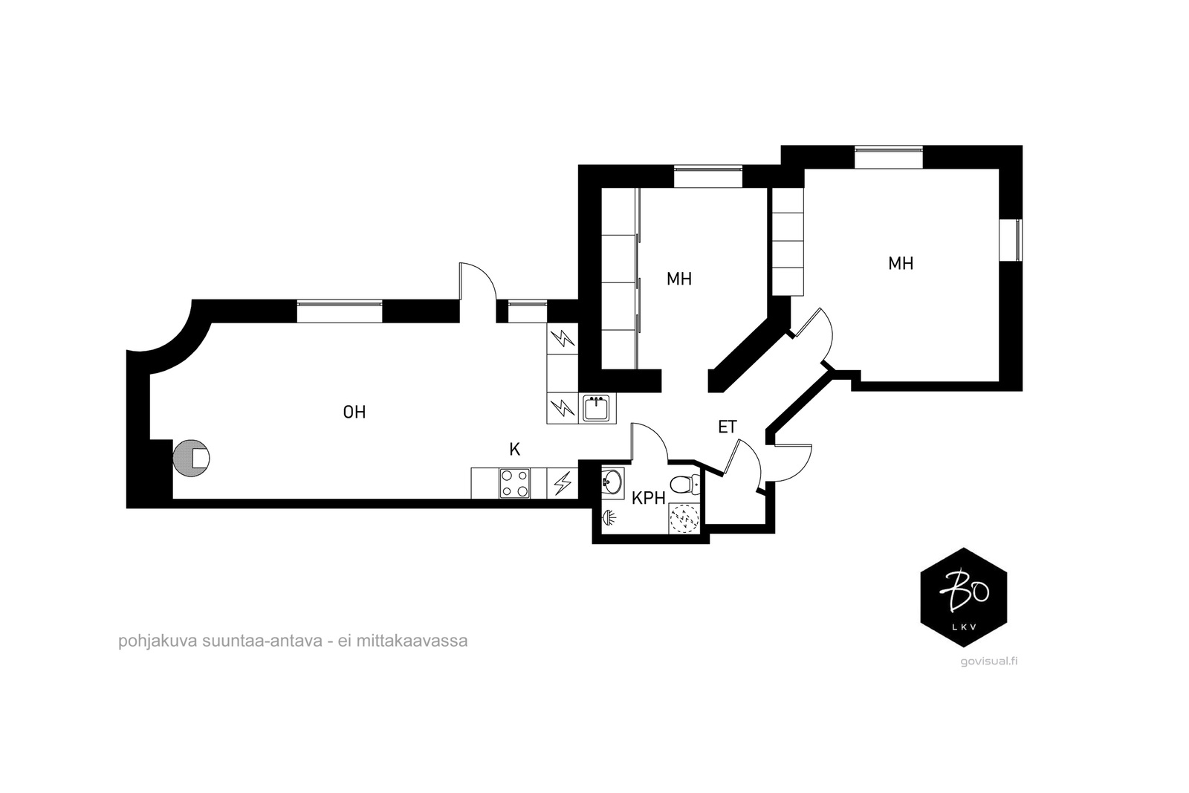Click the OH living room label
pyautogui.click(x=354, y=412)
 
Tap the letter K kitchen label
pyautogui.click(x=514, y=450)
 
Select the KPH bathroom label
pyautogui.click(x=648, y=499)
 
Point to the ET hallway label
pyautogui.click(x=727, y=427)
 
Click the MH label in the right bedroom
pyautogui.click(x=901, y=263)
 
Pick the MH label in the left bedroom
pyautogui.click(x=679, y=279)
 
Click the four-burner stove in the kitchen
pyautogui.click(x=515, y=483)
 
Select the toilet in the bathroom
pyautogui.click(x=682, y=485)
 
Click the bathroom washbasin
pyautogui.click(x=612, y=482)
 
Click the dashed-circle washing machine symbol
pyautogui.click(x=683, y=519)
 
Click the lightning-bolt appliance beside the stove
pyautogui.click(x=563, y=483)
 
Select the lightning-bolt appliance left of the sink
pyautogui.click(x=562, y=408)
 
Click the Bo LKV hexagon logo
pyautogui.click(x=963, y=598)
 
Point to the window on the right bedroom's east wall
pyautogui.click(x=1011, y=240)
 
